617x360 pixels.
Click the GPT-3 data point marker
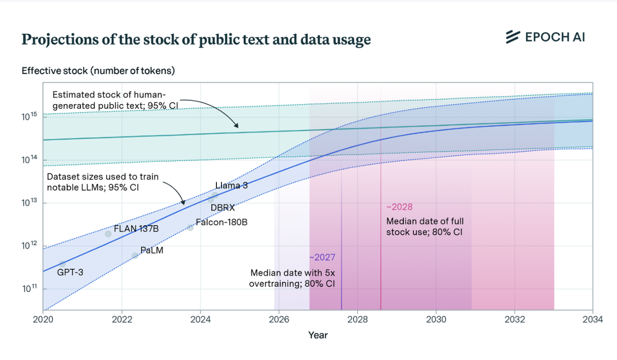click(x=63, y=264)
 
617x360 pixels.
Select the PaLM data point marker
click(x=135, y=255)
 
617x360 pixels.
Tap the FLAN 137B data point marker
click(x=108, y=234)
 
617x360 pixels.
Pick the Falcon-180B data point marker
click(x=190, y=227)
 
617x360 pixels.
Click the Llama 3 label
click(x=231, y=186)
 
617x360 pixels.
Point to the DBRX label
click(x=222, y=208)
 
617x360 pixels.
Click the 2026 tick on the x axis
click(x=279, y=319)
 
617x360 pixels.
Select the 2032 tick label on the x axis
click(x=515, y=319)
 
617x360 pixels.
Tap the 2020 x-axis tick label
click(x=43, y=319)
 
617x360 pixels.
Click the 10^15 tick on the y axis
click(x=29, y=116)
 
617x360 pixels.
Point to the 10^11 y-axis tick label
click(x=29, y=288)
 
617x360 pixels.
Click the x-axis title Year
click(x=318, y=335)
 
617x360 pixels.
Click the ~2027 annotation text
click(x=322, y=257)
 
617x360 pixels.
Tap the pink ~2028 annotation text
click(x=399, y=207)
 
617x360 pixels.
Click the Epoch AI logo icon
click(x=513, y=37)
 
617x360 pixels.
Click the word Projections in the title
click(x=60, y=40)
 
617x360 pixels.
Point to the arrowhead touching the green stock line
click(x=236, y=125)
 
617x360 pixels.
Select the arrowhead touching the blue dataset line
click(x=183, y=202)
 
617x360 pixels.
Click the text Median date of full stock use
click(x=425, y=226)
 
